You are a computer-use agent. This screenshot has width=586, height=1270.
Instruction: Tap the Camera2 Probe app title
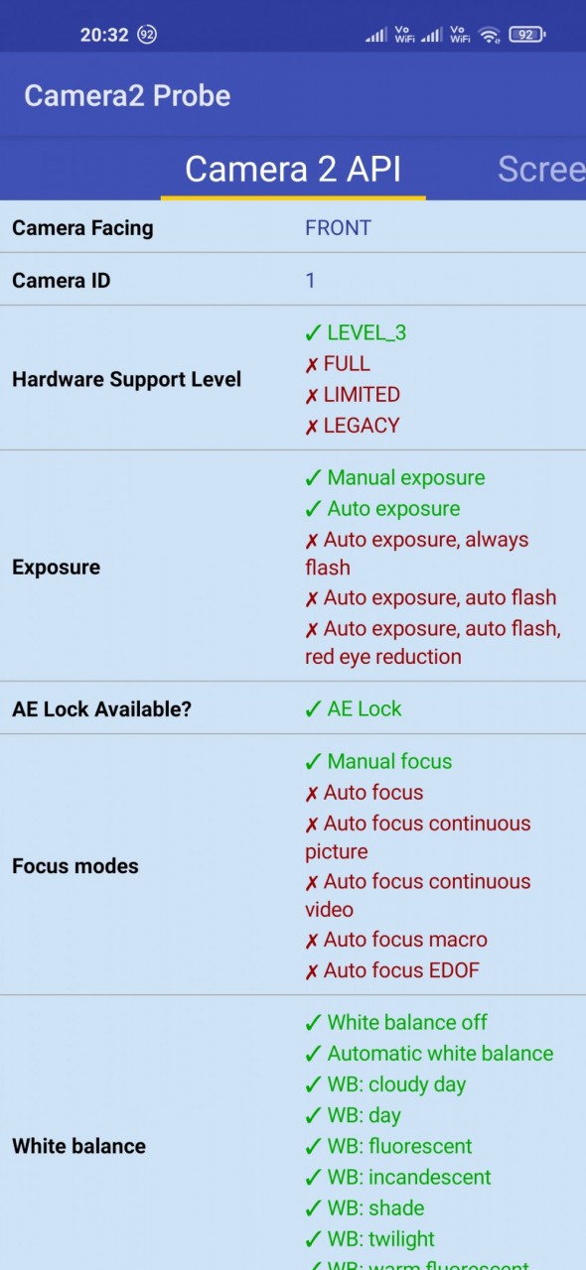127,95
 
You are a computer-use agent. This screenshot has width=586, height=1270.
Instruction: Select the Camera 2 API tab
293,169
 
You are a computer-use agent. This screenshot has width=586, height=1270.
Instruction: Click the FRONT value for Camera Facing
338,227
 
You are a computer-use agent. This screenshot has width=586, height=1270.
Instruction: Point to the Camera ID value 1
310,280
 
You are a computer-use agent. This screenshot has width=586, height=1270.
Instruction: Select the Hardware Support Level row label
126,379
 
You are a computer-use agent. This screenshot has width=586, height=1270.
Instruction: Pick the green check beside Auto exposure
313,509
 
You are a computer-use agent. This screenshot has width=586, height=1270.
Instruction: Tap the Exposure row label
57,567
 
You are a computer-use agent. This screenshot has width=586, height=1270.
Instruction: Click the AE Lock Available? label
102,708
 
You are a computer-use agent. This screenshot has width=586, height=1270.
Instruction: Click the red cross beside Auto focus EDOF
312,971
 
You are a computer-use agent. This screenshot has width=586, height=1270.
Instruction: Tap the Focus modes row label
75,866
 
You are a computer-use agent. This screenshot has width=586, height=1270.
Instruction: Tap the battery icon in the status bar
527,35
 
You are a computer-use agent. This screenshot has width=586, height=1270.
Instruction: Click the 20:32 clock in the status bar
104,35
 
